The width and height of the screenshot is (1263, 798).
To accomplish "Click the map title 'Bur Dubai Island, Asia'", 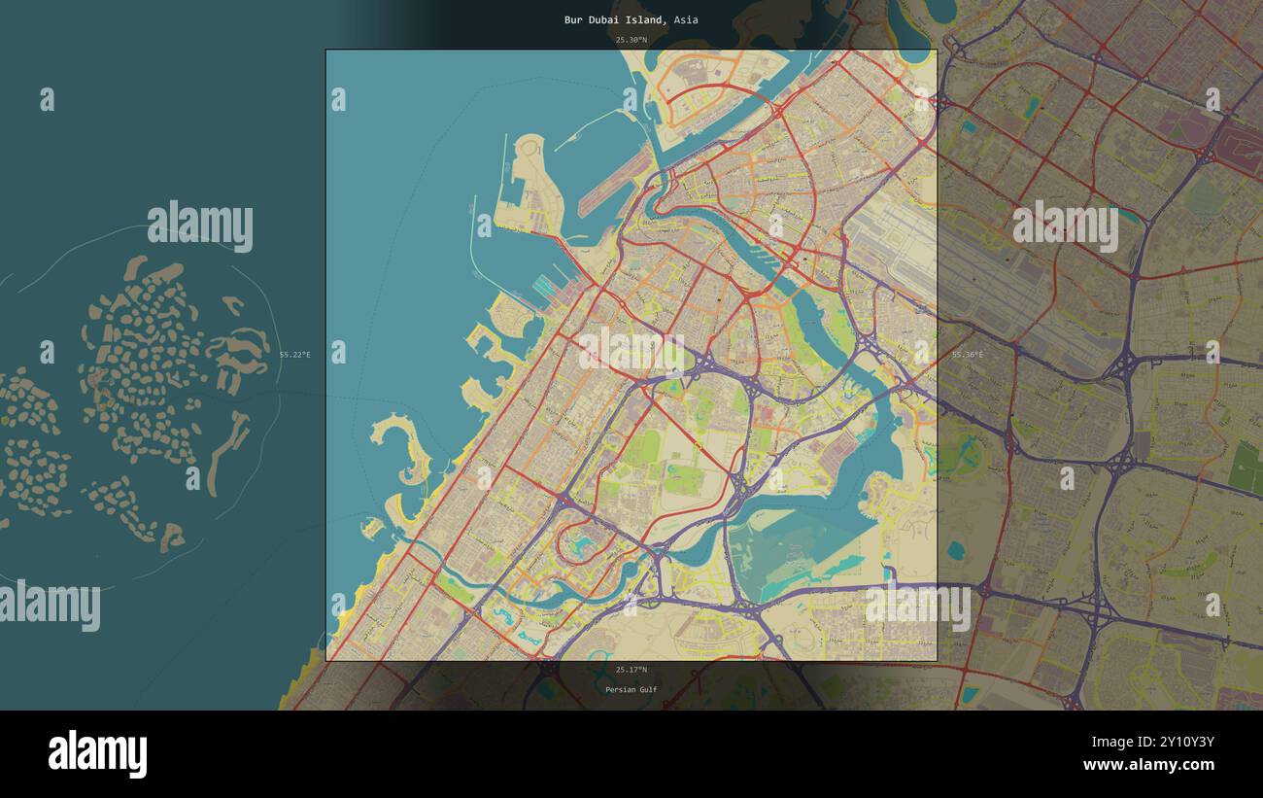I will tap(631, 19).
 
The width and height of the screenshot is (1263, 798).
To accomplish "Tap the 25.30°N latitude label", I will tap(631, 40).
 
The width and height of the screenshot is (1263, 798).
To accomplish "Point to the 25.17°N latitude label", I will tap(631, 670).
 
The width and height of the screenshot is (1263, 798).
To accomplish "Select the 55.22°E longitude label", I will tap(295, 355).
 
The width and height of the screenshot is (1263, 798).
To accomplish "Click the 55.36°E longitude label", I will tap(967, 355).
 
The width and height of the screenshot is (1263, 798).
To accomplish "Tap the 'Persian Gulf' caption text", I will tap(631, 690).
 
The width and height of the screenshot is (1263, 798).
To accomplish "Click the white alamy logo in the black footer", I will tap(97, 754).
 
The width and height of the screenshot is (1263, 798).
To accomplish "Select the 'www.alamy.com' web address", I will tap(1148, 765).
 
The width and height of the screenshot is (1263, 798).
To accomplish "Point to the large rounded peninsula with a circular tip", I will tap(529, 185).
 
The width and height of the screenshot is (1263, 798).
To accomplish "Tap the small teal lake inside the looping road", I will tap(584, 544).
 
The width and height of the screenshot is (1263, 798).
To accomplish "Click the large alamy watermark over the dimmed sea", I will tap(200, 226).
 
